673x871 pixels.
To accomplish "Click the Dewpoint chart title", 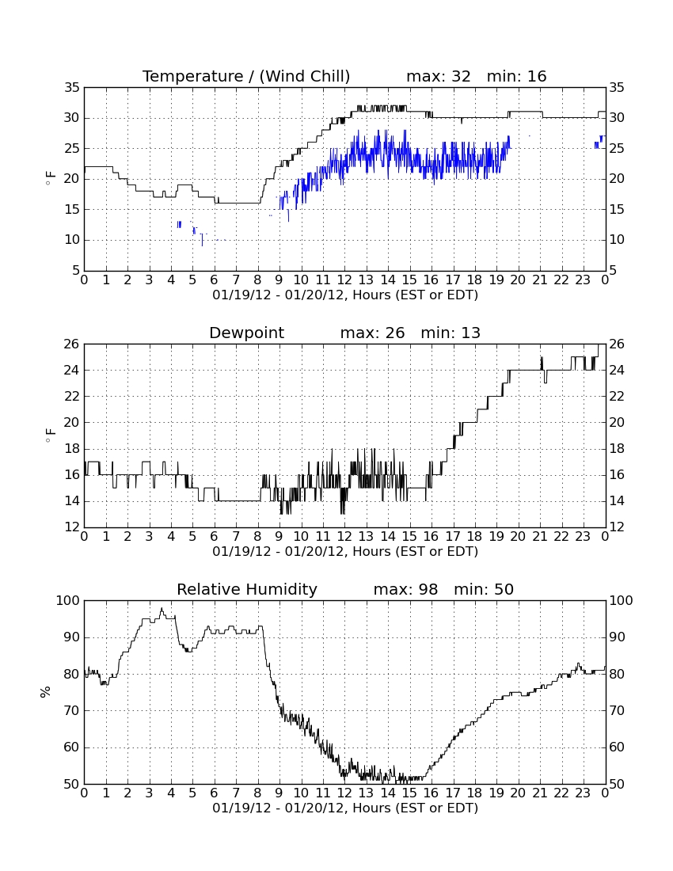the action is [x=246, y=333].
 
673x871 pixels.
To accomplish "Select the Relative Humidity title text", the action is [x=247, y=589].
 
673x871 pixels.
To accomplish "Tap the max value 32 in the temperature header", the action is [x=461, y=76].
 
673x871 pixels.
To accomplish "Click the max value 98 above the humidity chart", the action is [x=428, y=589].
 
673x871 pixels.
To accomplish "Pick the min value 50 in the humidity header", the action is [x=504, y=589].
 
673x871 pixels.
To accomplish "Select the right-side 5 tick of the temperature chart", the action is [x=613, y=271].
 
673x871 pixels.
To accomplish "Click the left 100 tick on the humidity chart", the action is [x=69, y=600].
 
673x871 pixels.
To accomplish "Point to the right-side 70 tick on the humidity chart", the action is [x=617, y=710].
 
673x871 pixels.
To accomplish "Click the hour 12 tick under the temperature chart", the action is [x=344, y=280].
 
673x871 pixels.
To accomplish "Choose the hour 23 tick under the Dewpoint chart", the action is [x=583, y=537].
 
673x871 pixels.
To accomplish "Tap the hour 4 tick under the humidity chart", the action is [x=171, y=793].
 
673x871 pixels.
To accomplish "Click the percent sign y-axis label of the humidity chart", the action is [x=46, y=692].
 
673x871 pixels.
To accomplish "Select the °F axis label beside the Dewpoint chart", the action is [x=50, y=435].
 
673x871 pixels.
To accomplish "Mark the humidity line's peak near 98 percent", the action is [x=162, y=608].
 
